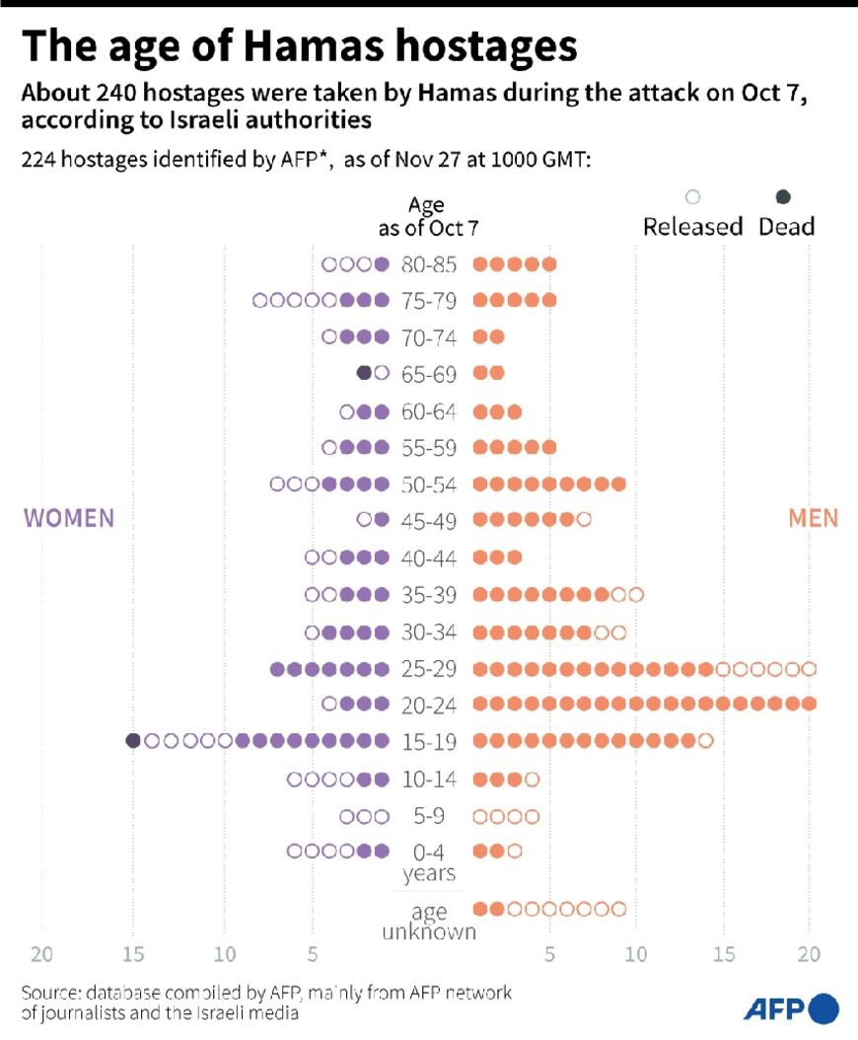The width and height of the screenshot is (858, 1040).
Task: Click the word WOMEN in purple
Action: pos(69,518)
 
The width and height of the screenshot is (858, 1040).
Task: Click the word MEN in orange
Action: pos(814,518)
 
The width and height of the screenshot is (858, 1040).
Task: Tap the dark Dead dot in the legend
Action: pos(784,197)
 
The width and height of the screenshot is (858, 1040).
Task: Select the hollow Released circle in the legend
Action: pos(692,197)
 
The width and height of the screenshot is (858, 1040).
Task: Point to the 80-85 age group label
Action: pos(430,264)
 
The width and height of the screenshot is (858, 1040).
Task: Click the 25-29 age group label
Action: pos(430,669)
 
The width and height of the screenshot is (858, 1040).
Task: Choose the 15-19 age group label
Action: pos(430,741)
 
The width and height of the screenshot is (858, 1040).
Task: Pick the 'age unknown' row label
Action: pos(430,922)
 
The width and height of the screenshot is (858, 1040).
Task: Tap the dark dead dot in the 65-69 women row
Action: pos(364,373)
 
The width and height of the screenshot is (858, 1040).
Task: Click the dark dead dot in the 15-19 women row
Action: pos(133,741)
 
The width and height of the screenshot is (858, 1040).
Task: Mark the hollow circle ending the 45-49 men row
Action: pos(584,519)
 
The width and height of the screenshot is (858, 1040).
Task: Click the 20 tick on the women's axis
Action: pos(41,954)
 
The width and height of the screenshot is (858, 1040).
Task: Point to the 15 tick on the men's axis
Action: pos(725,954)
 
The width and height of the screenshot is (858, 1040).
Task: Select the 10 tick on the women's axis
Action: pos(225,954)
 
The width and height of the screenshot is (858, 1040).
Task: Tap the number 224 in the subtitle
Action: pos(40,161)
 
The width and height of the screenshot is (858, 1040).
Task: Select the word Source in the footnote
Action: pos(49,993)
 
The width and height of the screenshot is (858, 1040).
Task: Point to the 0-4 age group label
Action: pos(430,851)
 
